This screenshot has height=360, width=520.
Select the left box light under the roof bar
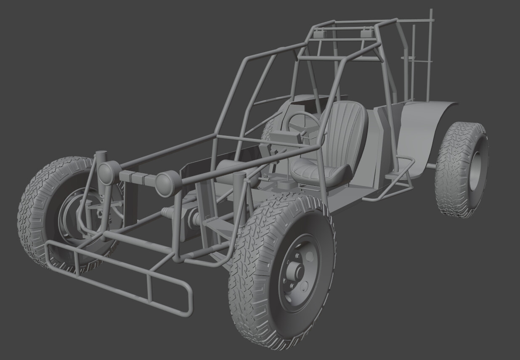tap(319, 32)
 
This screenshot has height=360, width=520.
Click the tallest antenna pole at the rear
tap(431, 50)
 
